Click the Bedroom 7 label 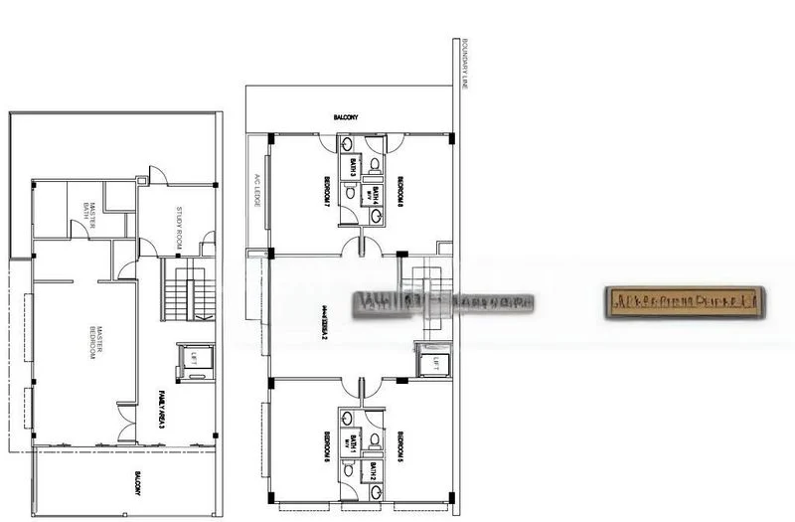pyautogui.click(x=327, y=190)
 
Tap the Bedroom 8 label pyautogui.click(x=399, y=190)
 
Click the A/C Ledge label pyautogui.click(x=256, y=189)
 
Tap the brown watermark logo pyautogui.click(x=685, y=300)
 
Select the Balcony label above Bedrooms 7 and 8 pyautogui.click(x=346, y=119)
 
